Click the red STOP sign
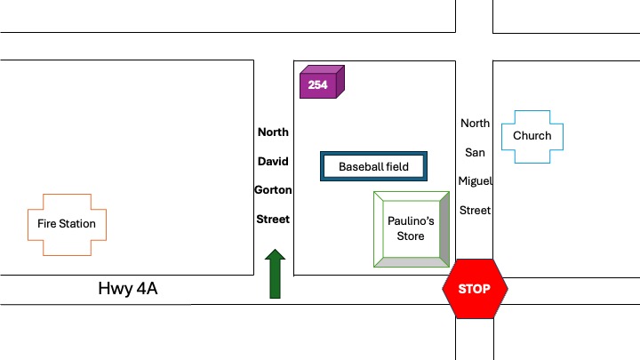(x=475, y=289)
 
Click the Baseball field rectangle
(x=373, y=166)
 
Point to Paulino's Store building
(x=411, y=229)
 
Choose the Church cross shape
(x=532, y=136)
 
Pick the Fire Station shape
(x=67, y=224)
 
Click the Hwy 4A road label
(x=131, y=289)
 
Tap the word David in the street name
(x=273, y=161)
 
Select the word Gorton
(x=273, y=189)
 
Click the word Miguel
(x=475, y=181)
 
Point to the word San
(x=475, y=152)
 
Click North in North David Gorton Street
(x=273, y=132)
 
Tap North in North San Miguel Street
(x=475, y=124)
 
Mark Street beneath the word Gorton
(x=273, y=219)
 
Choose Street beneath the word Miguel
(x=475, y=211)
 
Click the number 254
(x=317, y=85)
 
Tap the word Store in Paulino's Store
(x=411, y=236)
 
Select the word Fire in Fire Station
(x=46, y=224)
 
